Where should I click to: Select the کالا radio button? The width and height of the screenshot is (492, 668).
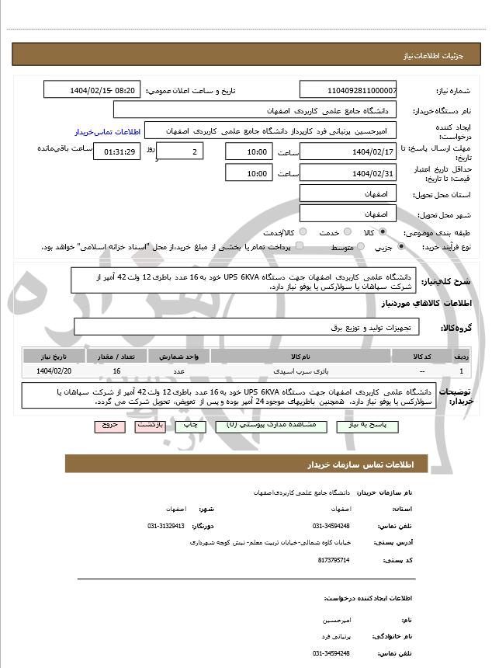(x=383, y=232)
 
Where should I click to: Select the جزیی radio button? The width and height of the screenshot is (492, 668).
(x=401, y=247)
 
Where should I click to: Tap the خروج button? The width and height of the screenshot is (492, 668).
(x=108, y=426)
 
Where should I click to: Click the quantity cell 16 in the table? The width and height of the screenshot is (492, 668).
(x=116, y=372)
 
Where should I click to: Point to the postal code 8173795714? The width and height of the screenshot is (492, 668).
(x=334, y=560)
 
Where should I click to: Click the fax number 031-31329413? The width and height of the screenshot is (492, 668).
(x=166, y=526)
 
